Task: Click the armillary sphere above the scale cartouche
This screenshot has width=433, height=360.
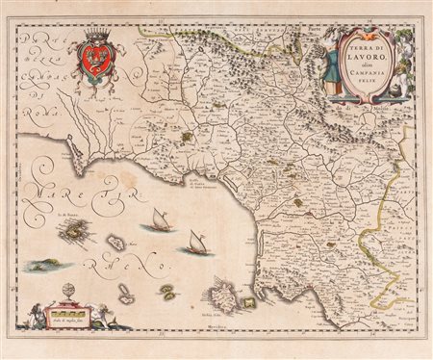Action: tap(68, 293)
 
